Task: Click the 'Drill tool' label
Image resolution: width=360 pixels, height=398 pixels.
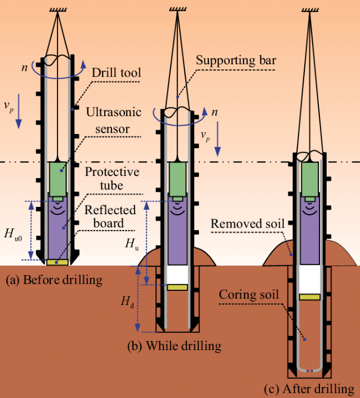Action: tap(116, 73)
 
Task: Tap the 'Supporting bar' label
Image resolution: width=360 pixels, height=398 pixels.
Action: tap(236, 60)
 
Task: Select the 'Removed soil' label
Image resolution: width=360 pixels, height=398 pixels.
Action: tap(247, 224)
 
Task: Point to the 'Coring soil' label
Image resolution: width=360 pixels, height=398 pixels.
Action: tap(248, 295)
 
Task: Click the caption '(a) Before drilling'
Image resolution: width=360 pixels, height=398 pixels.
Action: tap(54, 280)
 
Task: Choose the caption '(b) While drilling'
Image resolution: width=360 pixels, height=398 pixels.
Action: tap(174, 346)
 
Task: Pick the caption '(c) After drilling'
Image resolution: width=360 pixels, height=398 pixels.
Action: tap(309, 389)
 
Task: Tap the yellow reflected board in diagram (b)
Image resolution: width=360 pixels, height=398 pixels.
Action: tap(177, 287)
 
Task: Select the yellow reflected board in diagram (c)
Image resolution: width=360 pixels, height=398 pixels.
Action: tap(309, 297)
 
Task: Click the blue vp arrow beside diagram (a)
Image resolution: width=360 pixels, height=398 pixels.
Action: tap(18, 111)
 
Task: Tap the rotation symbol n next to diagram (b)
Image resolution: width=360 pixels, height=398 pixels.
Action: tap(215, 112)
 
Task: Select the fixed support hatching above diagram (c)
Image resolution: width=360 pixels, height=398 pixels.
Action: tap(310, 10)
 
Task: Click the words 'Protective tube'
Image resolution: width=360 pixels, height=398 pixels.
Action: tap(112, 179)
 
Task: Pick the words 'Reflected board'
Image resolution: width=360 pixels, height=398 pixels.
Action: tap(110, 217)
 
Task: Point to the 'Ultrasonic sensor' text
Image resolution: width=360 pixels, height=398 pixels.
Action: tap(113, 121)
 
